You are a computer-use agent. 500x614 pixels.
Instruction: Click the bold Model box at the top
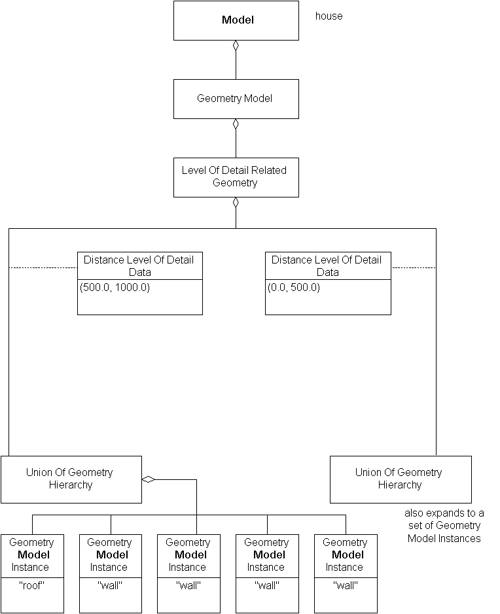236,20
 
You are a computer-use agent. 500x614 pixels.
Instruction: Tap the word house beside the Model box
329,16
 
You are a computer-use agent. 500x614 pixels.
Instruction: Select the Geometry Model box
236,99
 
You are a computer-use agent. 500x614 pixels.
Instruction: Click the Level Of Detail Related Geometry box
236,177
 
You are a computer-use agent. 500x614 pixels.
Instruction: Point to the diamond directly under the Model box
236,45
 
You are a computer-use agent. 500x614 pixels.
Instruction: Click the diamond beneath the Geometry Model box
236,124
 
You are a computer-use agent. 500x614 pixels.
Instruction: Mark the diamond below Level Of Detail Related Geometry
236,202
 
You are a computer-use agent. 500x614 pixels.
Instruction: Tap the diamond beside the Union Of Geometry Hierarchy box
149,479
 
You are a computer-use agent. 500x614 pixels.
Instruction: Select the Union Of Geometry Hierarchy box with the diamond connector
71,479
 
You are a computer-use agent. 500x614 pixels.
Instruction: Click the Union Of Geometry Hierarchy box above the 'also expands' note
400,479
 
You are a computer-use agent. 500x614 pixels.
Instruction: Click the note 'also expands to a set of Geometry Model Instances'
444,526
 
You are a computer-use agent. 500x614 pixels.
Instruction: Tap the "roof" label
32,586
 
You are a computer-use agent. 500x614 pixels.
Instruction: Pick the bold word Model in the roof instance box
33,555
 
